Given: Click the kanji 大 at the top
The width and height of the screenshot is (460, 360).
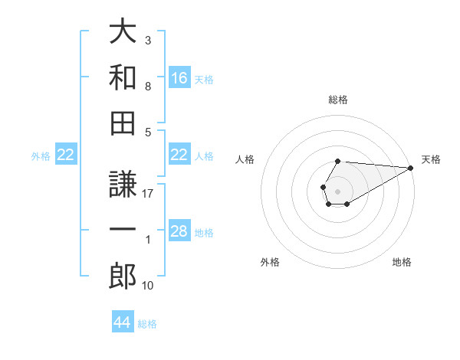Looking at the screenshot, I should point(123,33).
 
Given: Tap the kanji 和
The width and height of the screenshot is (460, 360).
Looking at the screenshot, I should point(123,77).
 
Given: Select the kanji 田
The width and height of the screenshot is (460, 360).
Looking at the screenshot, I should point(123,122).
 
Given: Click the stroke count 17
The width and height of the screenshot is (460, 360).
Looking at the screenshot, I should point(149,195).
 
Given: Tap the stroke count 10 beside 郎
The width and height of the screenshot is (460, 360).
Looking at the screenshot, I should point(149,286).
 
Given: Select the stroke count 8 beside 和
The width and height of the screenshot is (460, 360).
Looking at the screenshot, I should point(148,87).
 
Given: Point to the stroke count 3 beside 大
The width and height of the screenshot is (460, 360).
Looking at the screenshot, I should point(148,40).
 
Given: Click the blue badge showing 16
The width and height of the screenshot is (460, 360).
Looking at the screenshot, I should point(179,78).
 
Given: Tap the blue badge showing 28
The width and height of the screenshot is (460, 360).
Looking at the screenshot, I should point(179,232).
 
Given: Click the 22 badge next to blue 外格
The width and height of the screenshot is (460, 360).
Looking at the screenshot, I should point(65,155).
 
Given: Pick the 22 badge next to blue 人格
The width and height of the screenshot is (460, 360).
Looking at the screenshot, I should point(179,155).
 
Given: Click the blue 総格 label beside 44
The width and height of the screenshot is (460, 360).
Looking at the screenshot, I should point(147,323).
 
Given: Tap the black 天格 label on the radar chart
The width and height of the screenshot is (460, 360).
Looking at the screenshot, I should point(431,159).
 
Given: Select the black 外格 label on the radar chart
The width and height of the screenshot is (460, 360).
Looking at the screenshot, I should point(270,262).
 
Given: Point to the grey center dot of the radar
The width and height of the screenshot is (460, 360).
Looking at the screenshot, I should point(337,190).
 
